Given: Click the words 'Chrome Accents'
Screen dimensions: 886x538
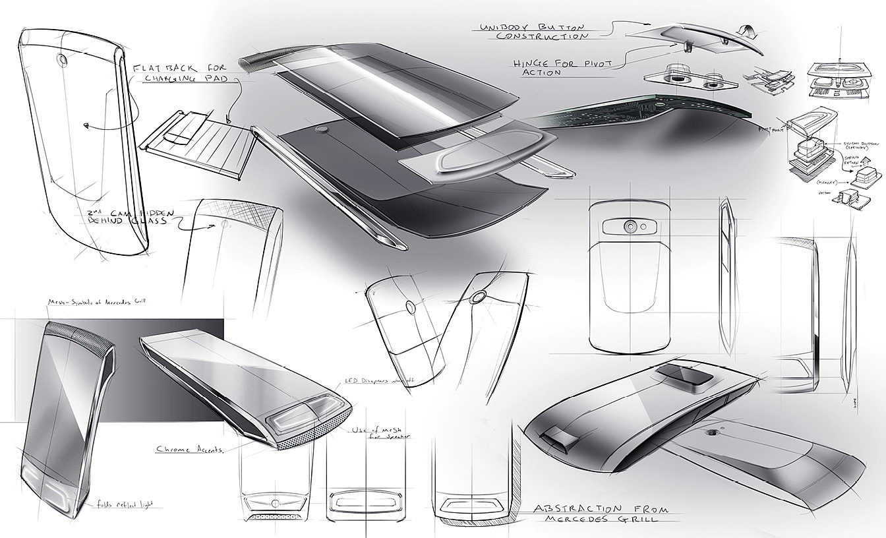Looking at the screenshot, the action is (189, 449).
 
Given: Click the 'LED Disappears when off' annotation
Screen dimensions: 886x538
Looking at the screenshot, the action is (378, 382).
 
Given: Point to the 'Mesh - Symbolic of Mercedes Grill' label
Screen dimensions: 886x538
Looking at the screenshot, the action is (95, 302).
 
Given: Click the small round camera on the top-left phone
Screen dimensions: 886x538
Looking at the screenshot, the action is (62, 59).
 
